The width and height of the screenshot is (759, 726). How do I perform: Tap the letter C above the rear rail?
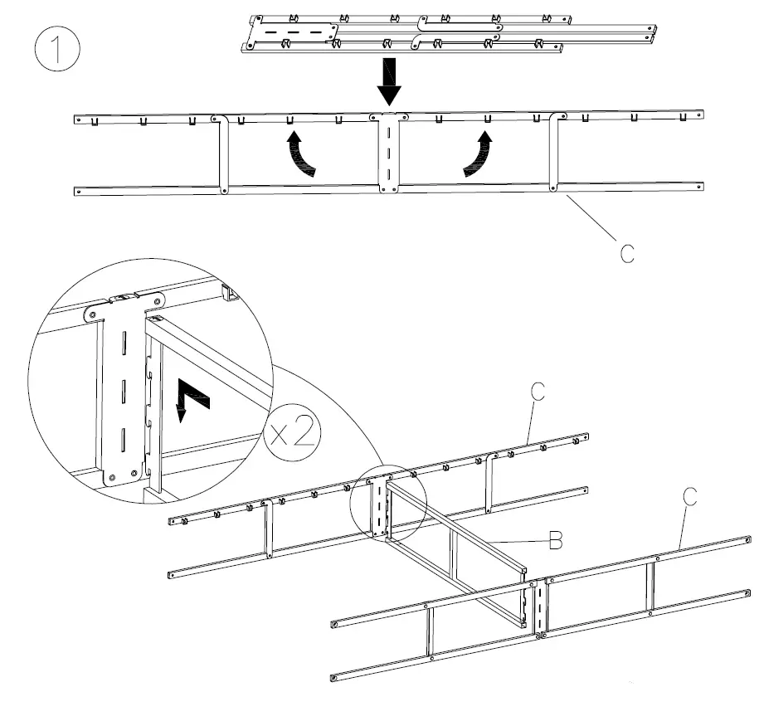coord(538,392)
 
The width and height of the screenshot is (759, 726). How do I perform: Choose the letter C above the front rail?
coord(689,497)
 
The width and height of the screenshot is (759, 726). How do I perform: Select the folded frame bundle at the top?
coord(448,33)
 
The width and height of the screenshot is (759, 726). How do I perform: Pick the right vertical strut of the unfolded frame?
coord(553,153)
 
